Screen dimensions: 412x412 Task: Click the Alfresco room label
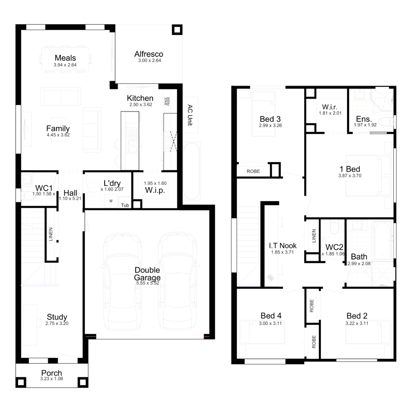tap(148, 54)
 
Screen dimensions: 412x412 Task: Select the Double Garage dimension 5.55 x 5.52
tap(147, 284)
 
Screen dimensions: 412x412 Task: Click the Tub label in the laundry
tap(125, 205)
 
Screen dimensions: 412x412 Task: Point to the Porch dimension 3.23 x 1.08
tap(51, 379)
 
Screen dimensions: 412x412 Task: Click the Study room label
tap(57, 317)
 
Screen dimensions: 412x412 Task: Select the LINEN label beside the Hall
tap(51, 236)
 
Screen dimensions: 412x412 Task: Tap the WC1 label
tap(44, 188)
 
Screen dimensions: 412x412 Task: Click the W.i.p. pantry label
tap(155, 190)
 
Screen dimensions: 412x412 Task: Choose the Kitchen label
tap(140, 98)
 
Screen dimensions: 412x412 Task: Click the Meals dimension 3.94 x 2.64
tap(65, 65)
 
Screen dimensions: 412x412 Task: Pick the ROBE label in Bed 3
tap(253, 171)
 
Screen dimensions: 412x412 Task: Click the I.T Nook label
tap(283, 245)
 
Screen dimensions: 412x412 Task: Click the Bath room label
tap(359, 256)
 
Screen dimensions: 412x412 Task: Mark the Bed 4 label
tap(270, 316)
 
